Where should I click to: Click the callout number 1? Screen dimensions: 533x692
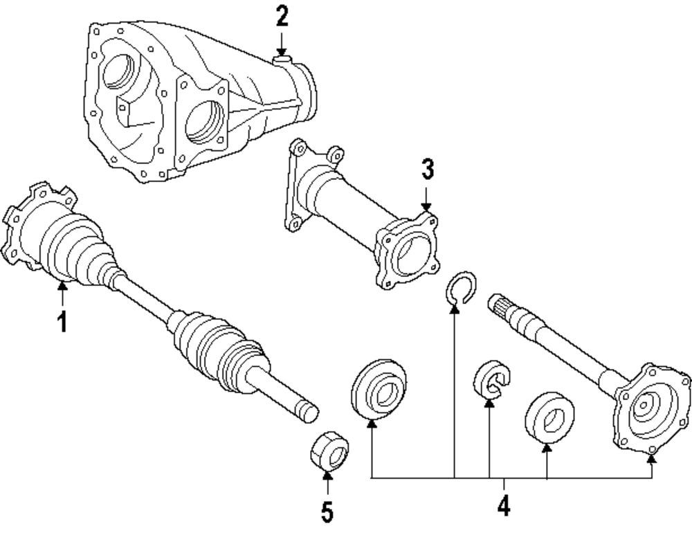pyautogui.click(x=62, y=321)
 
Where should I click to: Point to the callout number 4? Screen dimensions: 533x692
pyautogui.click(x=503, y=505)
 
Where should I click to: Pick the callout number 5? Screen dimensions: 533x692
pyautogui.click(x=327, y=512)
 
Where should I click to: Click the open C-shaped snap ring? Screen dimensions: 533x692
pyautogui.click(x=459, y=287)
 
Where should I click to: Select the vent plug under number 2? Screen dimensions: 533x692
pyautogui.click(x=281, y=62)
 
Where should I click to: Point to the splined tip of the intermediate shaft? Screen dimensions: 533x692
pyautogui.click(x=500, y=305)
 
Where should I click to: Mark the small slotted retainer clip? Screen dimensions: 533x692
pyautogui.click(x=491, y=380)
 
